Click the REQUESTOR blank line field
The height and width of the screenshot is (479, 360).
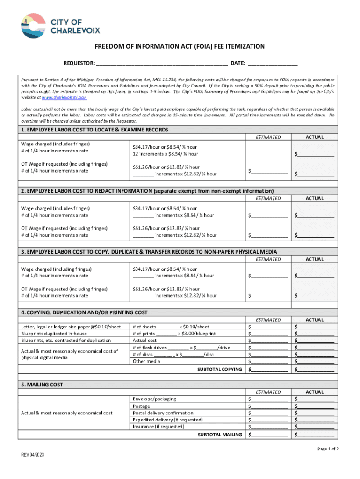point(162,64)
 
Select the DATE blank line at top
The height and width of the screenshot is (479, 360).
point(273,64)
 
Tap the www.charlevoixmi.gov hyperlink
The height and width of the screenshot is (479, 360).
point(64,98)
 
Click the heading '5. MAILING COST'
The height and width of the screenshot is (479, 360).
point(42,385)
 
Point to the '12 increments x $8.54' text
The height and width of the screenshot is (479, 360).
point(165,154)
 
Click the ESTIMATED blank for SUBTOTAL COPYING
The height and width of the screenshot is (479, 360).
point(269,370)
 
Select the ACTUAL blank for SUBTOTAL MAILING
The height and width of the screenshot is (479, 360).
point(316,435)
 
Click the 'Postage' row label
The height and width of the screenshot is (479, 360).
point(141,406)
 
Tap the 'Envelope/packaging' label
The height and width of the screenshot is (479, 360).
point(154,399)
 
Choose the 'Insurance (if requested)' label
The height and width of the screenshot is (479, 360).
point(158,427)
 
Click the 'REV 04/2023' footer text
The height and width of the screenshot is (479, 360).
point(33,455)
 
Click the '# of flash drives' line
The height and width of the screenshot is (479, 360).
point(181,348)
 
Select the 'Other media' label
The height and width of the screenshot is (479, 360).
point(146,361)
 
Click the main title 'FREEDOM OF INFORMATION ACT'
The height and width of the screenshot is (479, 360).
point(180,47)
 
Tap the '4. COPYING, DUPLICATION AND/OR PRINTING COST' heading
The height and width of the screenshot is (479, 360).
point(84,312)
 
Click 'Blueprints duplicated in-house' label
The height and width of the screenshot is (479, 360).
point(54,334)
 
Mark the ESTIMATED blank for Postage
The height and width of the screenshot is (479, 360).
point(269,406)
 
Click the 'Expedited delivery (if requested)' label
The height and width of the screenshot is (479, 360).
point(167,420)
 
